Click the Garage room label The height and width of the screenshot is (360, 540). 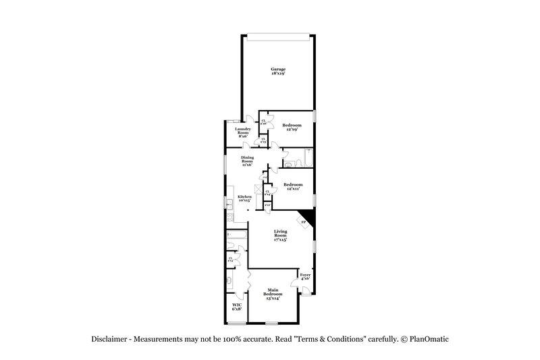tap(278, 72)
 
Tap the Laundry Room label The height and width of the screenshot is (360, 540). tap(243, 131)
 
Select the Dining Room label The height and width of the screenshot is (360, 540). tap(248, 161)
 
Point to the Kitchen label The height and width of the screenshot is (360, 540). tap(244, 199)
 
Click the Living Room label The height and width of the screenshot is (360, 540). tap(280, 235)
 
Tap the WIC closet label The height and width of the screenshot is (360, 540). tap(237, 307)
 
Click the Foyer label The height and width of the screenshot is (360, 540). tap(305, 277)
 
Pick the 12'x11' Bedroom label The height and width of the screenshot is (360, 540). tap(292, 187)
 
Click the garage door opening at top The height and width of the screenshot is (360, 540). tap(278, 36)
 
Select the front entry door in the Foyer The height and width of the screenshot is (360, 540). tap(306, 290)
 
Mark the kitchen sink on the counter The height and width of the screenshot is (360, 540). tap(230, 203)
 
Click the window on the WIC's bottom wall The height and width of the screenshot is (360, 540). tap(236, 322)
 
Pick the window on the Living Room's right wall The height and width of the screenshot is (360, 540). tap(315, 246)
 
